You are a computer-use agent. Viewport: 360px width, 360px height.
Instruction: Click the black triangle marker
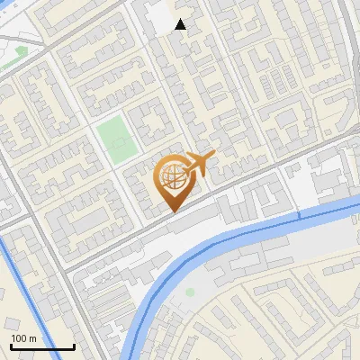point(181,24)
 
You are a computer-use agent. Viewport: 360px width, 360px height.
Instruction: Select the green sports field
point(114,139)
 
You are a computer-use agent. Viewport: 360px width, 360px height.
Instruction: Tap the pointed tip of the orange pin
point(171,212)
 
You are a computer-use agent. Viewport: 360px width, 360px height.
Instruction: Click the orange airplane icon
point(199,165)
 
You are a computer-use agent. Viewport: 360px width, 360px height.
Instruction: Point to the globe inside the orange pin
point(171,179)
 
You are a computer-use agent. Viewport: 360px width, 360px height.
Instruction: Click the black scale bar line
point(42,347)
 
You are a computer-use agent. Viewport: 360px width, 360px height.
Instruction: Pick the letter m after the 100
point(32,339)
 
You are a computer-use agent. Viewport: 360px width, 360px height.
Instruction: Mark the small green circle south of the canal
point(190,292)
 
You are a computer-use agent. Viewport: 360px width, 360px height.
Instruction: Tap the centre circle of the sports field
point(114,139)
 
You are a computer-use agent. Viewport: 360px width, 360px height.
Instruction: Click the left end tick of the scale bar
point(11,346)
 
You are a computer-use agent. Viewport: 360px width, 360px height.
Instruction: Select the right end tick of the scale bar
point(74,346)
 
